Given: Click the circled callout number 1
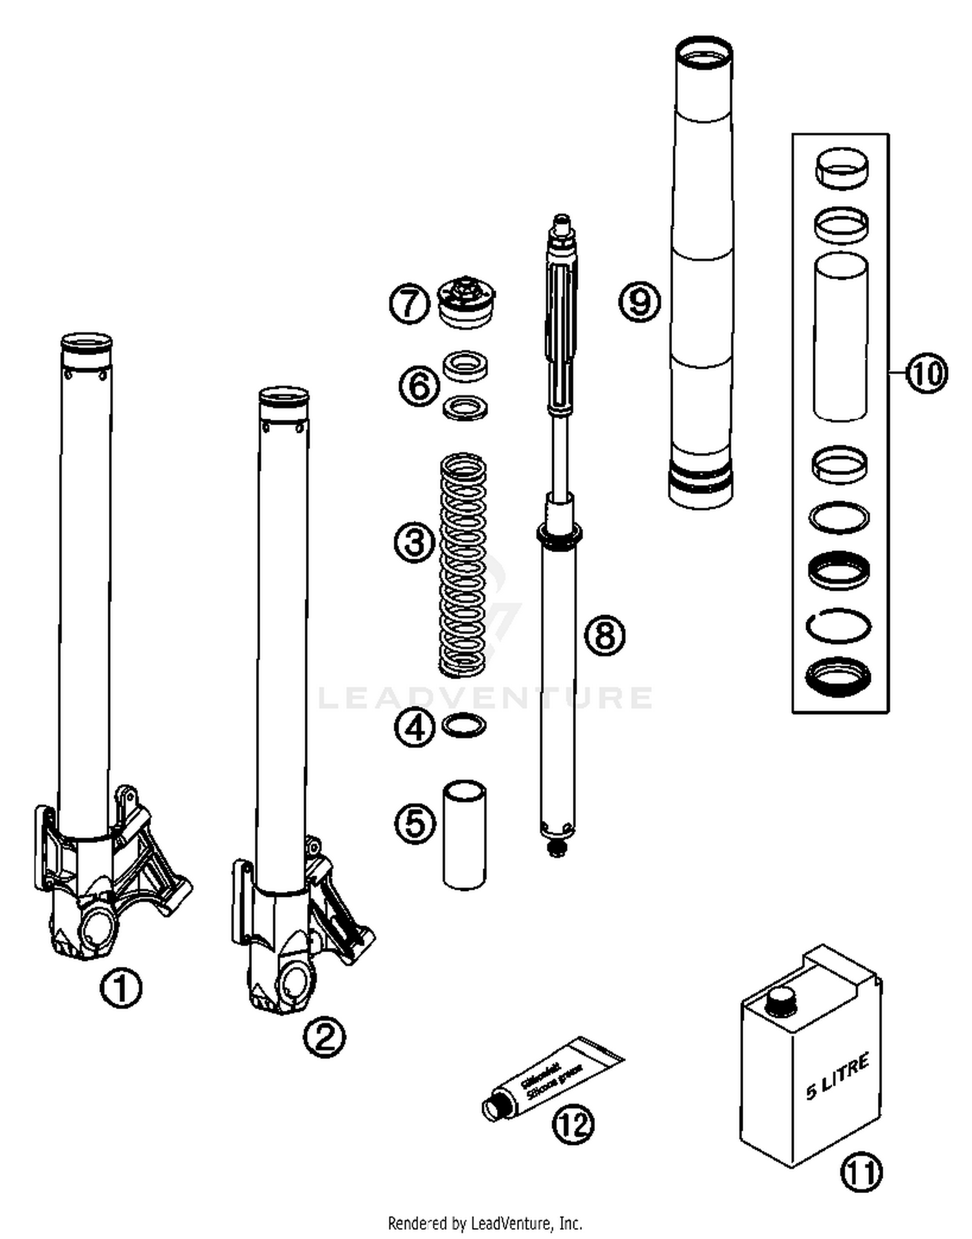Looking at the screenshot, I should tap(121, 988).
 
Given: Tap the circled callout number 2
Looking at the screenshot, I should tap(324, 1037).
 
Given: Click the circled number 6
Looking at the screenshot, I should tap(419, 386).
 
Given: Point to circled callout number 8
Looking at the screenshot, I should tap(605, 635).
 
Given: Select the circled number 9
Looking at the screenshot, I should tap(640, 301).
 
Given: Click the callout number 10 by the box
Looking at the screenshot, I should tap(927, 373).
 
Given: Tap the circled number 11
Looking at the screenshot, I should tap(861, 1172).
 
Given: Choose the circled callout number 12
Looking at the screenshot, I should tap(573, 1125).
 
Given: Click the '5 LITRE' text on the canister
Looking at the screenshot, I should tap(837, 1077).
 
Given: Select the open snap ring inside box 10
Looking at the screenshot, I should tap(839, 626).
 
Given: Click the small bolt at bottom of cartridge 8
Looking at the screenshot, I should tap(556, 850).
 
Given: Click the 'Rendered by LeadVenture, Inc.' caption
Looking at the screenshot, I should tap(485, 1223).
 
